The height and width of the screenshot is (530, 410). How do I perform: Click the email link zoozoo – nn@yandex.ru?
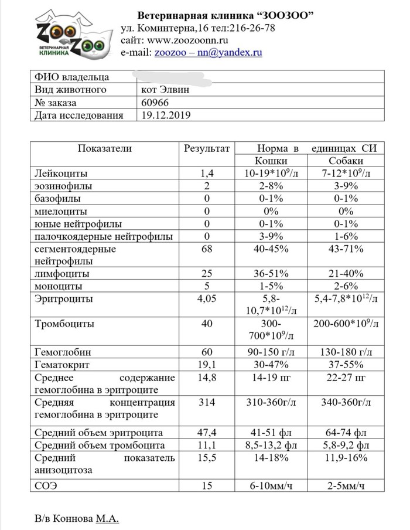click(x=208, y=52)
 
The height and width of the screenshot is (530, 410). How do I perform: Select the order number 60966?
click(x=154, y=103)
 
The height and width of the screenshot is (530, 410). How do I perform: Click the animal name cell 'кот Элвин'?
click(x=166, y=90)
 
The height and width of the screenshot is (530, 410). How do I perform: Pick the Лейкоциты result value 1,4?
click(x=207, y=174)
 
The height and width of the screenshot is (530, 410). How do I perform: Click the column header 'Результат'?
click(x=207, y=148)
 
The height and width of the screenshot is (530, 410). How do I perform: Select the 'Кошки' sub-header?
click(x=271, y=161)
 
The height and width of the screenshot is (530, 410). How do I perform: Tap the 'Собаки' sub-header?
click(x=346, y=161)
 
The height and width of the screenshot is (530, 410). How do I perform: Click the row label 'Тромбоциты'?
click(x=65, y=324)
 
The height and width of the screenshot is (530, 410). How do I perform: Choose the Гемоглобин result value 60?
click(x=207, y=353)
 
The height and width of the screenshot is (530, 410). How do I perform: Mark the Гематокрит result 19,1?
click(x=207, y=365)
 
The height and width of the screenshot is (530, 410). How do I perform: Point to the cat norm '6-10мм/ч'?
click(x=271, y=485)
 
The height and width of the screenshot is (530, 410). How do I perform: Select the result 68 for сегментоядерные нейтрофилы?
click(x=207, y=249)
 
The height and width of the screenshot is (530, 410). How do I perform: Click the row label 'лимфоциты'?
click(x=63, y=274)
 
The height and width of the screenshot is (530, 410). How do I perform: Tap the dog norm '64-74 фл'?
click(x=346, y=433)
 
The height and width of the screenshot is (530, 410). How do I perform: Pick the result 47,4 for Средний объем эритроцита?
click(x=207, y=433)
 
